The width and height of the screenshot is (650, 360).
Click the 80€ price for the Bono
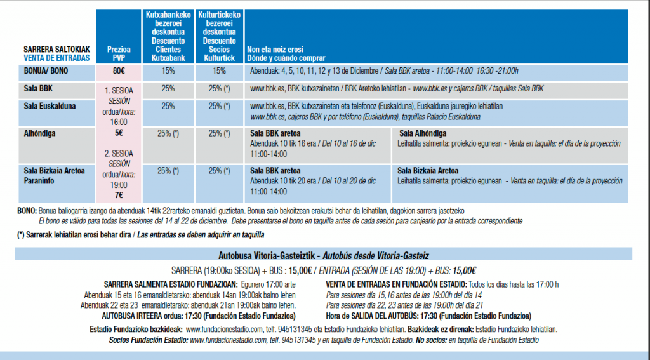119,71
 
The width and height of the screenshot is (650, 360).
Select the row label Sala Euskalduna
50,106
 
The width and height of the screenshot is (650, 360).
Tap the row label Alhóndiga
39,133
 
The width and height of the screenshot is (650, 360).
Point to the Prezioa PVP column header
119,54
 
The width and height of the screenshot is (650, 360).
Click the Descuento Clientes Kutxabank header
168,50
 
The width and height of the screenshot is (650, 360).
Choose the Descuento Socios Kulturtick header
219,50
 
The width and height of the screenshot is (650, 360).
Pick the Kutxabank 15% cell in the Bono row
168,71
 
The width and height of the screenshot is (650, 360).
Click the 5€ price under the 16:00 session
119,133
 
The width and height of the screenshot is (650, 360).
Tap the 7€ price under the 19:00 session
119,196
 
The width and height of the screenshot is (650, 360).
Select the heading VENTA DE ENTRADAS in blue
56,58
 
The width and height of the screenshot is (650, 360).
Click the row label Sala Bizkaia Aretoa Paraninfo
54,176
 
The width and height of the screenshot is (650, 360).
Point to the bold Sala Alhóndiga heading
423,133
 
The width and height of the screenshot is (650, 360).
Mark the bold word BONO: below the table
27,211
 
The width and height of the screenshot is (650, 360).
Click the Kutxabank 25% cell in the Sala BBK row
168,88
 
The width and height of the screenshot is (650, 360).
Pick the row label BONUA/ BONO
46,71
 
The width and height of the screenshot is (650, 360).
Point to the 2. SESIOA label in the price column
119,154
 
